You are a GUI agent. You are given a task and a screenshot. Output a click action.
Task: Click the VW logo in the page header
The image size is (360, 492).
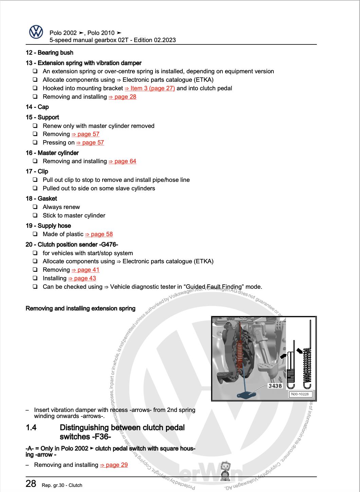tap(36, 32)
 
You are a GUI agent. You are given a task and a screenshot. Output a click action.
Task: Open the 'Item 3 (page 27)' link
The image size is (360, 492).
tap(150, 88)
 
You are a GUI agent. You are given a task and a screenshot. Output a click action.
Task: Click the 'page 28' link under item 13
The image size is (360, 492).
tap(122, 97)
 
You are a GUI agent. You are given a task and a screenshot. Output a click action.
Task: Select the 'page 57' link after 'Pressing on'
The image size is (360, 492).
tap(90, 143)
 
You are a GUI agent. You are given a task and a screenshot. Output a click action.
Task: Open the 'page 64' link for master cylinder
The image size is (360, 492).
tap(122, 161)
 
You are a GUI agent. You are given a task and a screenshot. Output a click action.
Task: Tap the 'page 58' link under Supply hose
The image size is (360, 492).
tap(99, 234)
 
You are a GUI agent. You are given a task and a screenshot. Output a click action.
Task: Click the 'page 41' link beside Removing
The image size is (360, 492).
tap(85, 270)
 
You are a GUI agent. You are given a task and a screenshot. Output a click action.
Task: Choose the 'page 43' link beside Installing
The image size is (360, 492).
tap(82, 278)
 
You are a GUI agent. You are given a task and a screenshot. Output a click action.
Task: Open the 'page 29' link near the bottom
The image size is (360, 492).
tap(114, 465)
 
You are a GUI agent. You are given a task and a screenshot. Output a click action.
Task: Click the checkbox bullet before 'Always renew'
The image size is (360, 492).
tap(35, 207)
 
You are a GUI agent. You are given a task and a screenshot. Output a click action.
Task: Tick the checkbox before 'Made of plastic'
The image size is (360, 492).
tap(35, 234)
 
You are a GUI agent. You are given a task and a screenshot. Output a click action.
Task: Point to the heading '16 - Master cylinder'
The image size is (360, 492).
tap(52, 153)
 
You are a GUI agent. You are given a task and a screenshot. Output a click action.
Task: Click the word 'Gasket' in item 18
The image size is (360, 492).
tap(47, 198)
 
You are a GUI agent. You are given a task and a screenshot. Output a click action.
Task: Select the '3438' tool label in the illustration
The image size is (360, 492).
tap(275, 386)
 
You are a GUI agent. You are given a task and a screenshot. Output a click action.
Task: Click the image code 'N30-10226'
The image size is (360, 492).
tap(301, 394)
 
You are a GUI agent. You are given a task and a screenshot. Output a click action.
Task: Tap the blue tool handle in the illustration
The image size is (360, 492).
tap(247, 395)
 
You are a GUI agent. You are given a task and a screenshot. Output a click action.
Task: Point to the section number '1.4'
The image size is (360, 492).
tap(31, 428)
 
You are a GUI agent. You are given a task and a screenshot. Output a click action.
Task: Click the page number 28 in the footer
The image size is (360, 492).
tap(31, 484)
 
